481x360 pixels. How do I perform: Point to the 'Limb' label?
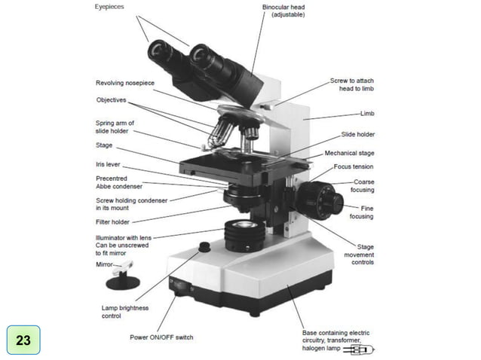click(x=367, y=113)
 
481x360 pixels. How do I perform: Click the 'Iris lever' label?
click(x=108, y=163)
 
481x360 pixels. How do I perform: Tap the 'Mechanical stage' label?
click(x=349, y=153)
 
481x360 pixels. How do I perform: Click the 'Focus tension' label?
click(x=354, y=166)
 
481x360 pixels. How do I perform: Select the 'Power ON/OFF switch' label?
click(x=161, y=337)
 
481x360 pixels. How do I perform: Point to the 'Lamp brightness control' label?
click(x=125, y=312)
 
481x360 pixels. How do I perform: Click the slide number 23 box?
click(x=23, y=340)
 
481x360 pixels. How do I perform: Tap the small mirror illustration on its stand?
click(x=123, y=276)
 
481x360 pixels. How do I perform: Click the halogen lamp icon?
click(x=363, y=349)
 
